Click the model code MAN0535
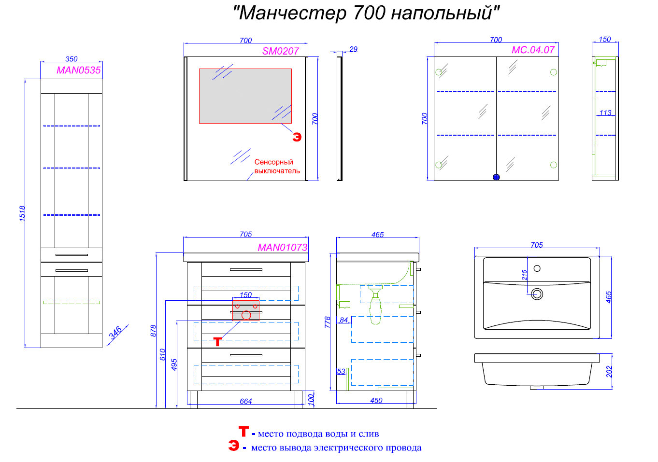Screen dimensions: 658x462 pyautogui.click(x=78, y=70)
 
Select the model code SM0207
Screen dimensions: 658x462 pyautogui.click(x=281, y=51)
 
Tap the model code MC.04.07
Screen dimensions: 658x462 pyautogui.click(x=533, y=50)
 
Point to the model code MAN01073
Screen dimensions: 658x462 pyautogui.click(x=282, y=248)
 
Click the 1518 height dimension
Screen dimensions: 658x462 pyautogui.click(x=22, y=213)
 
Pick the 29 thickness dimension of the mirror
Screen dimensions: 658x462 pyautogui.click(x=353, y=49)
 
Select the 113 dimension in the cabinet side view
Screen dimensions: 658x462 pyautogui.click(x=605, y=112)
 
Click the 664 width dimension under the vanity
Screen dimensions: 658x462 pyautogui.click(x=245, y=401)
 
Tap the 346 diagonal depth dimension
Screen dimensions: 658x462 pyautogui.click(x=115, y=333)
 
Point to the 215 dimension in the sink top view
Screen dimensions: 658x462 pyautogui.click(x=524, y=275)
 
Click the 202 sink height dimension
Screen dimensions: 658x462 pyautogui.click(x=609, y=371)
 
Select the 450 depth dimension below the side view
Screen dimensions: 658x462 pyautogui.click(x=376, y=400)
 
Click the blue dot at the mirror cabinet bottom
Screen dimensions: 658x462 pyautogui.click(x=496, y=177)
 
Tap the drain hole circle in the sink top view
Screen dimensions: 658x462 pyautogui.click(x=537, y=294)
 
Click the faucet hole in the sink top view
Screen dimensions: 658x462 pyautogui.click(x=537, y=268)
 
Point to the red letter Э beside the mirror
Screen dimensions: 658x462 pyautogui.click(x=297, y=137)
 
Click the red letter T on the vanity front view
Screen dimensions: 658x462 pyautogui.click(x=217, y=341)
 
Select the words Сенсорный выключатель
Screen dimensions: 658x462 pyautogui.click(x=277, y=166)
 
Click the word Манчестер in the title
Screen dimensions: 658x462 pyautogui.click(x=293, y=13)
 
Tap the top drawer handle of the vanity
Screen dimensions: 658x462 pyautogui.click(x=246, y=269)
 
